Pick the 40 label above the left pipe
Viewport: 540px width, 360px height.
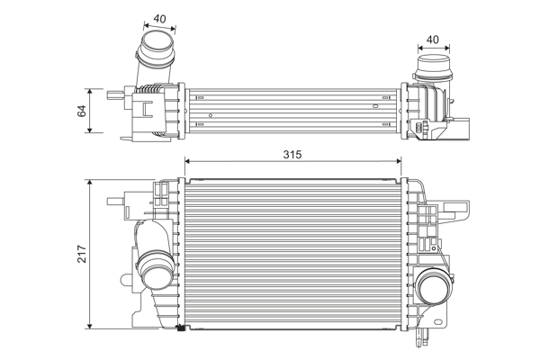(158, 17)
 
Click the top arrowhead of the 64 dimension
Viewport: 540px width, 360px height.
(92, 91)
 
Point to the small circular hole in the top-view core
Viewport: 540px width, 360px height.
(211, 115)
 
